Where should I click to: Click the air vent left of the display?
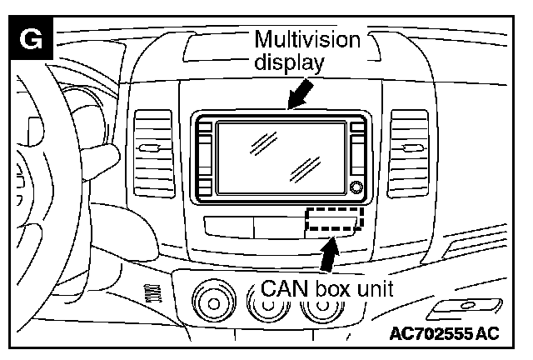tap(152, 148)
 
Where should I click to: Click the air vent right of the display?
tap(411, 148)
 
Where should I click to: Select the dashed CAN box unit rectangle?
tap(334, 220)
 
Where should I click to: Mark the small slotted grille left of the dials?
tap(151, 292)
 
